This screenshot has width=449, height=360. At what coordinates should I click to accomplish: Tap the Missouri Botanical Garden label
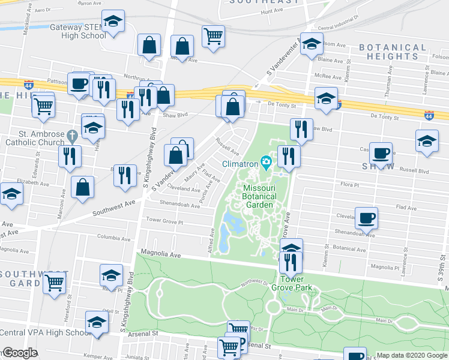point(259,196)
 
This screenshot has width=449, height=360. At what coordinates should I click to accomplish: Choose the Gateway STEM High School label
point(78,31)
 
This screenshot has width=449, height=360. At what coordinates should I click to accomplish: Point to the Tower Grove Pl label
point(164,221)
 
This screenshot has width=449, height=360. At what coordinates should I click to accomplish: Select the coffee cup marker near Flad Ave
point(366,218)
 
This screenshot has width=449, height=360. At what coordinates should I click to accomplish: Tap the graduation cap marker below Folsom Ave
point(312,45)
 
